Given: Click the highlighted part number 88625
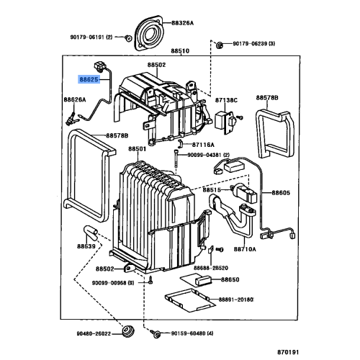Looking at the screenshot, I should [90, 83].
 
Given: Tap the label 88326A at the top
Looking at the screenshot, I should [181, 23].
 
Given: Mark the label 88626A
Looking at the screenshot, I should [75, 100].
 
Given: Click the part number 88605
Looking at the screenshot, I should [282, 194].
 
